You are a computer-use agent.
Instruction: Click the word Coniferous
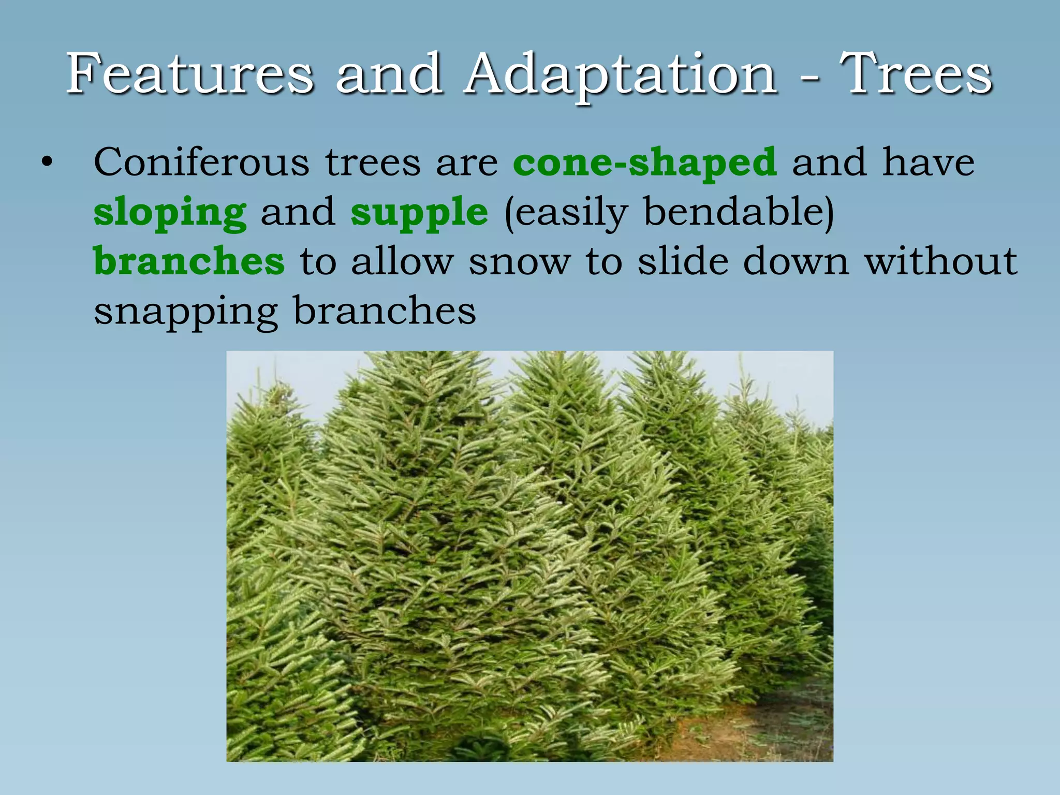coord(201,163)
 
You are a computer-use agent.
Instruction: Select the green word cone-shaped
coord(645,163)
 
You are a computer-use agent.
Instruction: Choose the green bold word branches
coord(189,261)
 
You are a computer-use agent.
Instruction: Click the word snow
coord(520,262)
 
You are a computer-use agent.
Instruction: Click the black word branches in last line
coord(385,311)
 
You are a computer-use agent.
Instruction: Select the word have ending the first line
coord(929,163)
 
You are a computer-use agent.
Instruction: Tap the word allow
coord(402,261)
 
